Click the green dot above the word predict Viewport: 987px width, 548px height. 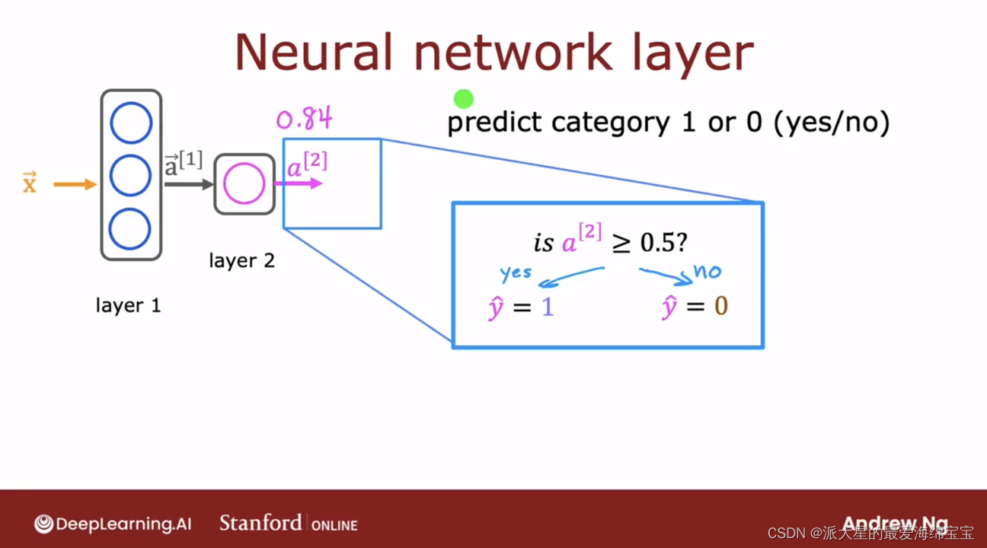(x=464, y=99)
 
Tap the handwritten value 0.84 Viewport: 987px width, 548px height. (x=304, y=118)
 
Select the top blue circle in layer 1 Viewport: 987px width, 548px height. (x=131, y=123)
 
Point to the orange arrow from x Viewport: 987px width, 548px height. (x=75, y=184)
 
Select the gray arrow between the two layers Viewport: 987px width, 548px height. (x=189, y=184)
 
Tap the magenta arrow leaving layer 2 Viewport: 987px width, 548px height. (x=299, y=183)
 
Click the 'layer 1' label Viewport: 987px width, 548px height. (x=128, y=305)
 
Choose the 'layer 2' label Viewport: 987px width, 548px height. (x=242, y=260)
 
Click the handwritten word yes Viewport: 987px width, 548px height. (x=516, y=273)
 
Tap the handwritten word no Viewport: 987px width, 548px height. (x=708, y=272)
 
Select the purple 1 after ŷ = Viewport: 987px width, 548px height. (x=548, y=306)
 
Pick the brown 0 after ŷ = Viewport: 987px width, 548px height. (x=721, y=306)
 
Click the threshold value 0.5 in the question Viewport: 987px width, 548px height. (x=657, y=242)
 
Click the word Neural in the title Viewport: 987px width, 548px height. (x=313, y=53)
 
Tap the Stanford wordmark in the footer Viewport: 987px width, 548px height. (x=260, y=523)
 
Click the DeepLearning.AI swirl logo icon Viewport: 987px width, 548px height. (x=43, y=524)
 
